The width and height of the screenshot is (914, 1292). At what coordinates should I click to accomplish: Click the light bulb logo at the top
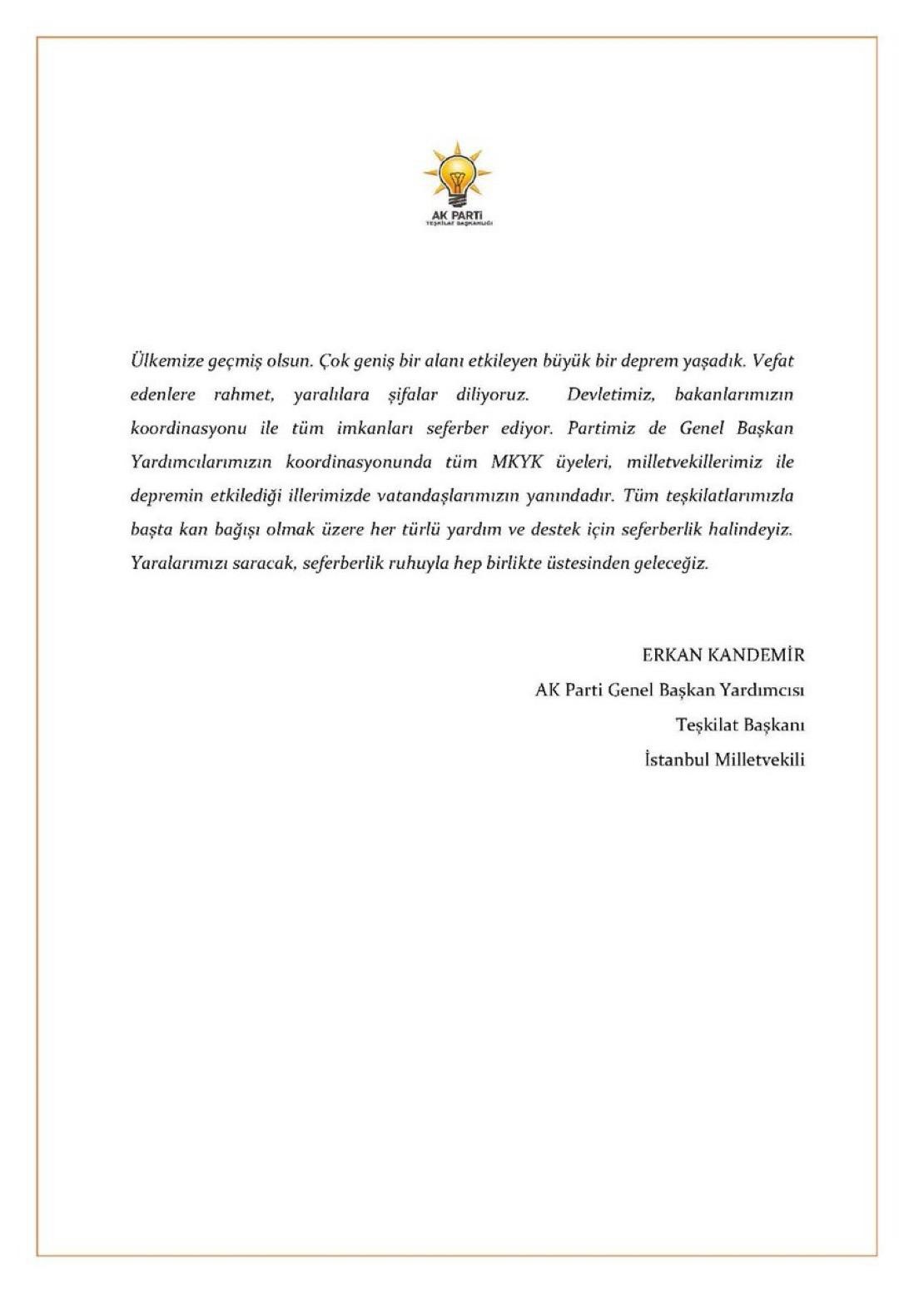tap(457, 177)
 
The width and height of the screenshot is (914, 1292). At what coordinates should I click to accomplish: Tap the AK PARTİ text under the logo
tap(457, 215)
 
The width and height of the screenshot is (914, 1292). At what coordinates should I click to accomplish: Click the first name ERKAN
tap(673, 655)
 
